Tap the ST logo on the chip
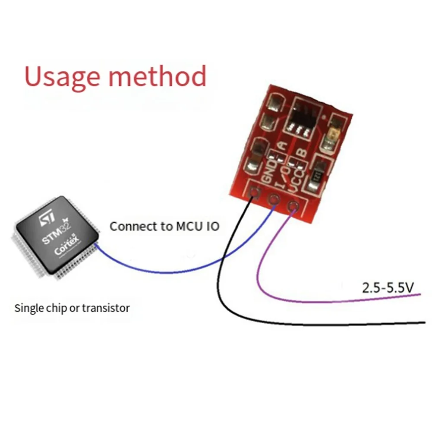(47, 220)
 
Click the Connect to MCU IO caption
(164, 226)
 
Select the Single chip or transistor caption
(72, 308)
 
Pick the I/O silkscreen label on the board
(281, 177)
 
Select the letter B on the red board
(303, 152)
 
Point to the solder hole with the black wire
(255, 193)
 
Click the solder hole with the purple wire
(293, 206)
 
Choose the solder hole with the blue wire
(274, 199)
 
